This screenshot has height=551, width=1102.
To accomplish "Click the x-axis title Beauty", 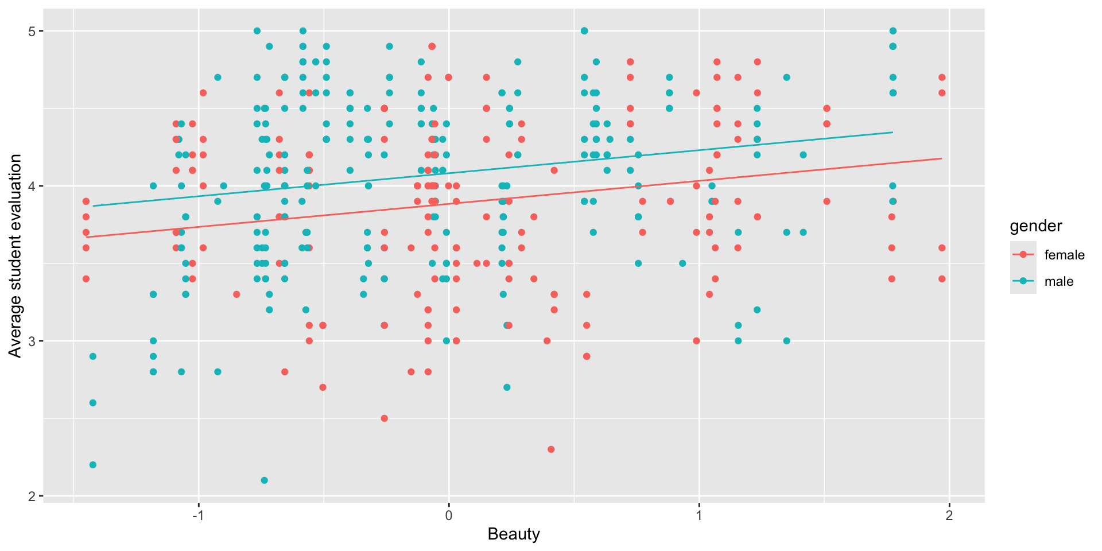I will (514, 534).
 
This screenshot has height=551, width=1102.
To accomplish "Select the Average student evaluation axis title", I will (15, 255).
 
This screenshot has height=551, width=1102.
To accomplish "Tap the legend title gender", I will (1035, 226).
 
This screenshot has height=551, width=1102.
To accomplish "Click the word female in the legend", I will (1064, 255).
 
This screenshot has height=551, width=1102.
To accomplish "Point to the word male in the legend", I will (1059, 281).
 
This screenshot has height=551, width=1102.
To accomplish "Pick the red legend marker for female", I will (1023, 255).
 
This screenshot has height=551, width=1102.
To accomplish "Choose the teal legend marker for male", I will (1023, 281).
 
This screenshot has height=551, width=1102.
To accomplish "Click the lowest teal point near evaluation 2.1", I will (264, 480).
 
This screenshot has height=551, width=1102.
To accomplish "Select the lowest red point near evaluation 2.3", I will (551, 449).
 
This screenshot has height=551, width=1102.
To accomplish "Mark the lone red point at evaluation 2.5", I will (385, 418).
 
